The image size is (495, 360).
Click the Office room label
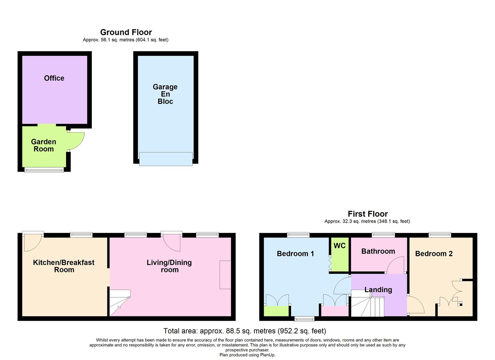pyautogui.click(x=54, y=78)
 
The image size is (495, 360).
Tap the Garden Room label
pyautogui.click(x=44, y=145)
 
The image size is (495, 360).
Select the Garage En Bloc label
pyautogui.click(x=165, y=94)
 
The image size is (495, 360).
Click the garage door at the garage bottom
pyautogui.click(x=166, y=159)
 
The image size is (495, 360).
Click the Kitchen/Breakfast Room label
pyautogui.click(x=64, y=266)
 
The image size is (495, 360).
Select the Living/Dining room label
pyautogui.click(x=169, y=266)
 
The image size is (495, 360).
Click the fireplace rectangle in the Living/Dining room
pyautogui.click(x=225, y=275)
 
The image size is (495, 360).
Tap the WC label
pyautogui.click(x=339, y=246)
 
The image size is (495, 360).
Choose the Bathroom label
pyautogui.click(x=378, y=251)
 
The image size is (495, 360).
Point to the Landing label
pyautogui.click(x=378, y=290)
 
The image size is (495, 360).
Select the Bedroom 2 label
pyautogui.click(x=434, y=254)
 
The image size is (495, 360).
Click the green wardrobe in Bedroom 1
pyautogui.click(x=276, y=311)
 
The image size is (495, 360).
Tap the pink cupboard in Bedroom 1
pyautogui.click(x=335, y=311)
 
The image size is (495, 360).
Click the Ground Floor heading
pyautogui.click(x=126, y=32)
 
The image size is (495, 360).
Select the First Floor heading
pyautogui.click(x=368, y=214)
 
